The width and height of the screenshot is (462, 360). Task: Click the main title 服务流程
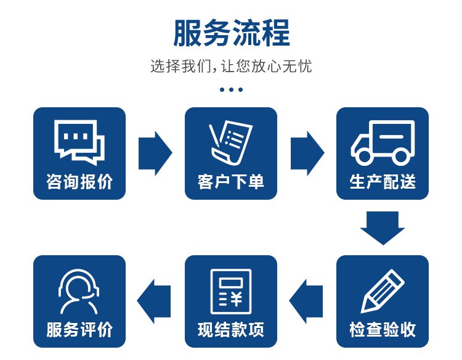pyautogui.click(x=231, y=33)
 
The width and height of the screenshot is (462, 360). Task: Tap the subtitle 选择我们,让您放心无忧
pyautogui.click(x=231, y=66)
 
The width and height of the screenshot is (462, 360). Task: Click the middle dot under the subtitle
pyautogui.click(x=231, y=89)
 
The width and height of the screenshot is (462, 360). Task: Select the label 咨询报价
pyautogui.click(x=79, y=181)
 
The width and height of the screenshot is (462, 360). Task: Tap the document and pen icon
pyautogui.click(x=231, y=142)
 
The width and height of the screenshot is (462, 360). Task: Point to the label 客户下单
pyautogui.click(x=231, y=181)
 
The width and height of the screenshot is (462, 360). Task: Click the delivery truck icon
pyautogui.click(x=383, y=142)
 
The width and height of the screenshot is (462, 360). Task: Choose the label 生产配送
pyautogui.click(x=383, y=181)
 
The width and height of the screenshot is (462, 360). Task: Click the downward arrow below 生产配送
pyautogui.click(x=383, y=227)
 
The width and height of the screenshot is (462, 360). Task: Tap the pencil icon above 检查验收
pyautogui.click(x=383, y=292)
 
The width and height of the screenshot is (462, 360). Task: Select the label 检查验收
pyautogui.click(x=383, y=329)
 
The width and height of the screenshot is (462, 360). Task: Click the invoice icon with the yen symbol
pyautogui.click(x=231, y=292)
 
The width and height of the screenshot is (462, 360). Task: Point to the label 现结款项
pyautogui.click(x=231, y=329)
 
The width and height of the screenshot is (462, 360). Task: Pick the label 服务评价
pyautogui.click(x=79, y=329)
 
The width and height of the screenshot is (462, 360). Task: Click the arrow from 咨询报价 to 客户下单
pyautogui.click(x=155, y=153)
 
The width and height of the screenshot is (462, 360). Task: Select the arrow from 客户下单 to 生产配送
pyautogui.click(x=307, y=153)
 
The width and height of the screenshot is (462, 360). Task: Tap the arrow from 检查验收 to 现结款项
pyautogui.click(x=306, y=301)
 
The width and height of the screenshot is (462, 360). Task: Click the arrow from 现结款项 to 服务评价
pyautogui.click(x=154, y=301)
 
